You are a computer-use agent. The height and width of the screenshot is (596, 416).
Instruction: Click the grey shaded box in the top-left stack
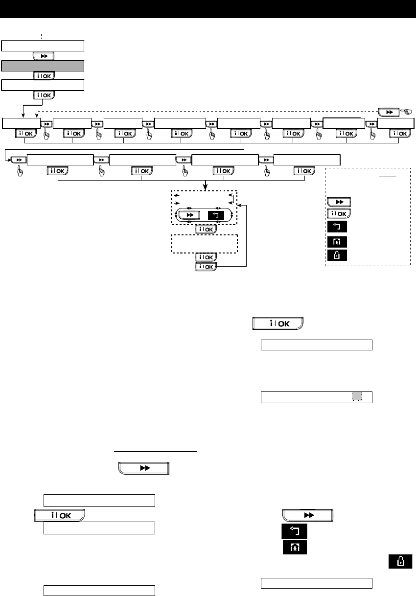pyautogui.click(x=43, y=66)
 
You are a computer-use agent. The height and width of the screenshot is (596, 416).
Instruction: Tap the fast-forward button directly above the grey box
pyautogui.click(x=43, y=56)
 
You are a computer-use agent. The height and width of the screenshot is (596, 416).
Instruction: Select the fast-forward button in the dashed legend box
pyautogui.click(x=339, y=202)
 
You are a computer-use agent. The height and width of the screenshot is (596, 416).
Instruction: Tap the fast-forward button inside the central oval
pyautogui.click(x=188, y=215)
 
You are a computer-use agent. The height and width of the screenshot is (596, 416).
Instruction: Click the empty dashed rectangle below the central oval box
pyautogui.click(x=204, y=243)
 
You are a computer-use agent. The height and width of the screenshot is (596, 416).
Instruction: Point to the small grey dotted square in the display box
pyautogui.click(x=357, y=397)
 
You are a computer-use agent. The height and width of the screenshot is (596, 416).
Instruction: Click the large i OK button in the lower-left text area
pyautogui.click(x=59, y=515)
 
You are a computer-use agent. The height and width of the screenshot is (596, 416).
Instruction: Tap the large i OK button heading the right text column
pyautogui.click(x=278, y=324)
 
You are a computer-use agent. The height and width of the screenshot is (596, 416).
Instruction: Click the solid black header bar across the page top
pyautogui.click(x=208, y=9)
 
